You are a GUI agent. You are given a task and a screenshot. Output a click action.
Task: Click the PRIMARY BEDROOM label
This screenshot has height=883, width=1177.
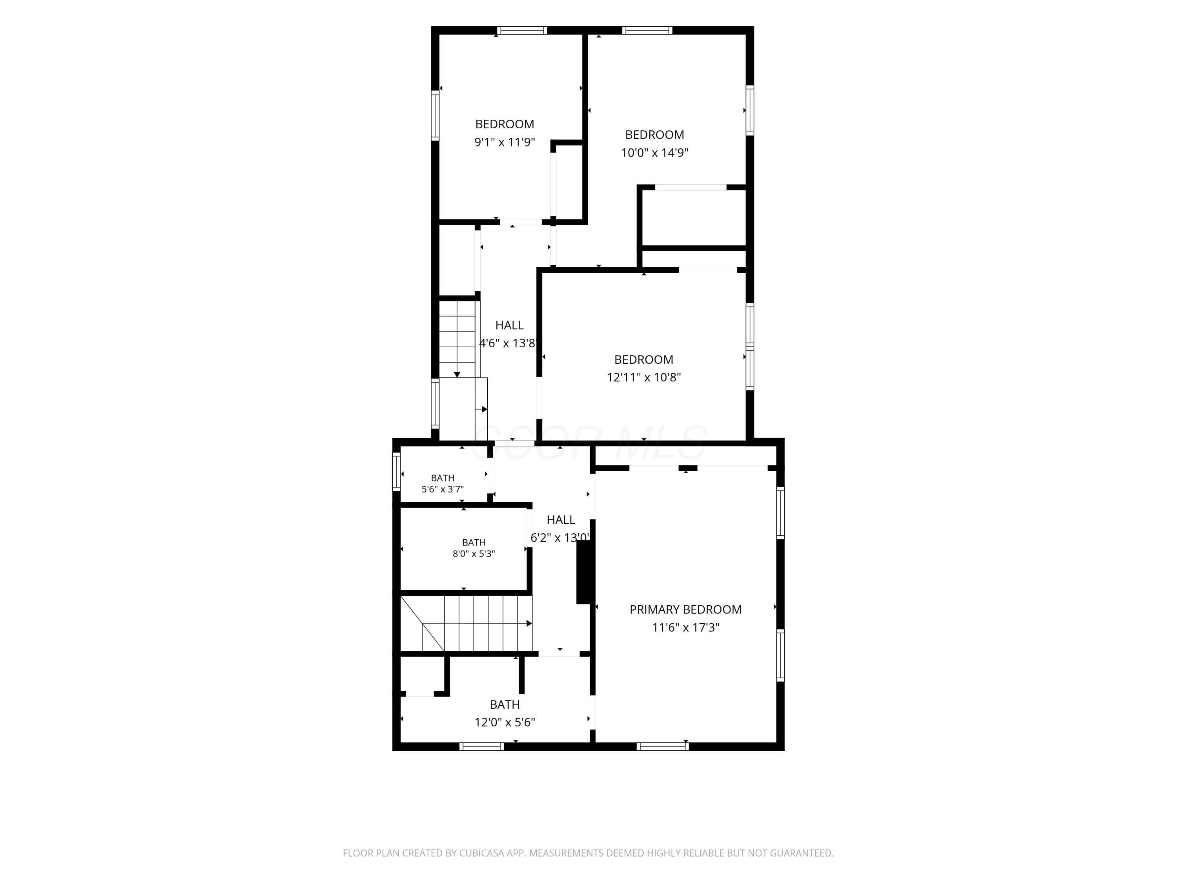685,609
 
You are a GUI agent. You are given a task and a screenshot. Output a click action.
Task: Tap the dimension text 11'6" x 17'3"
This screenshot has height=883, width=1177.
685,628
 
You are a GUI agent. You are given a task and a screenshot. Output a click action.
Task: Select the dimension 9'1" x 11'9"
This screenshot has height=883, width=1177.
505,142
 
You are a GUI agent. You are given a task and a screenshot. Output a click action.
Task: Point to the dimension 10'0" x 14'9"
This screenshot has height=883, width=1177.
654,153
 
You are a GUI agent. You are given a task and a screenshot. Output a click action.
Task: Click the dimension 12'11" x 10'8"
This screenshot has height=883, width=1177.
644,378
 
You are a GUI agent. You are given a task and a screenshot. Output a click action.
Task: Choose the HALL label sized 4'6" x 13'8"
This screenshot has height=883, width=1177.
509,325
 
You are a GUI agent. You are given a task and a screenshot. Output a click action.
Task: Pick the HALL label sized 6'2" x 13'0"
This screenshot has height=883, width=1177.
561,520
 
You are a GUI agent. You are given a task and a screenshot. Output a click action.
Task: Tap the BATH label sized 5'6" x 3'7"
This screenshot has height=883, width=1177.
443,478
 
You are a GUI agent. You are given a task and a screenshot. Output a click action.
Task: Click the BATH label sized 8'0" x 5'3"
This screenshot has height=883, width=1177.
474,542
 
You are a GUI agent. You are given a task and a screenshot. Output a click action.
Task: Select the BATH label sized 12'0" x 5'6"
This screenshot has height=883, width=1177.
505,705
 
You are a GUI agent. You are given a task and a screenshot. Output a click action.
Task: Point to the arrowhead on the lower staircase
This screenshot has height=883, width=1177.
529,623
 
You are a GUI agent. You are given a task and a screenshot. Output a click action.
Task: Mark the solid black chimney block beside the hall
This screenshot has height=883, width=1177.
584,573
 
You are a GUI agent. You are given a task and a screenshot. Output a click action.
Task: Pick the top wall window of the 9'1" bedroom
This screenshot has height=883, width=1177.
523,30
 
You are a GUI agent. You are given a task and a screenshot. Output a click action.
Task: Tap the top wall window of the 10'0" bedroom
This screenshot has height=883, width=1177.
647,30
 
